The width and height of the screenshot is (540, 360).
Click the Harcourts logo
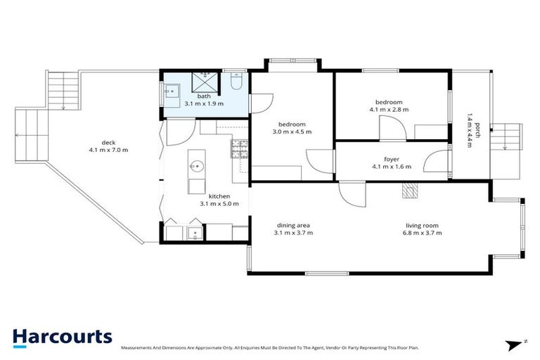pyautogui.click(x=62, y=337)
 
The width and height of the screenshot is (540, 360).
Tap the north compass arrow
pyautogui.click(x=516, y=345)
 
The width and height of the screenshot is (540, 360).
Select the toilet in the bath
pyautogui.click(x=237, y=82)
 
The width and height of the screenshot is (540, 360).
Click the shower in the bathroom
pyautogui.click(x=205, y=81)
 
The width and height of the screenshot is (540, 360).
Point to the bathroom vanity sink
pyautogui.click(x=171, y=91)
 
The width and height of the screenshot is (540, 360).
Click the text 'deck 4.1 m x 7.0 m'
pyautogui.click(x=108, y=146)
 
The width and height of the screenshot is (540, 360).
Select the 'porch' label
pyautogui.click(x=477, y=129)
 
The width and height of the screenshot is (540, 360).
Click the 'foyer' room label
pyautogui.click(x=392, y=159)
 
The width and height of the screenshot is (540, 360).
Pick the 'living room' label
pyautogui.click(x=423, y=225)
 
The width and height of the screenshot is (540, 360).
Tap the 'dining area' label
pyautogui.click(x=293, y=225)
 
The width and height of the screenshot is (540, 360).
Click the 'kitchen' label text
pyautogui.click(x=218, y=196)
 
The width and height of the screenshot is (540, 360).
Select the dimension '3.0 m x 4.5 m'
pyautogui.click(x=292, y=131)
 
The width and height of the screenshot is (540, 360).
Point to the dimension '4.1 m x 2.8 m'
pyautogui.click(x=389, y=110)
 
